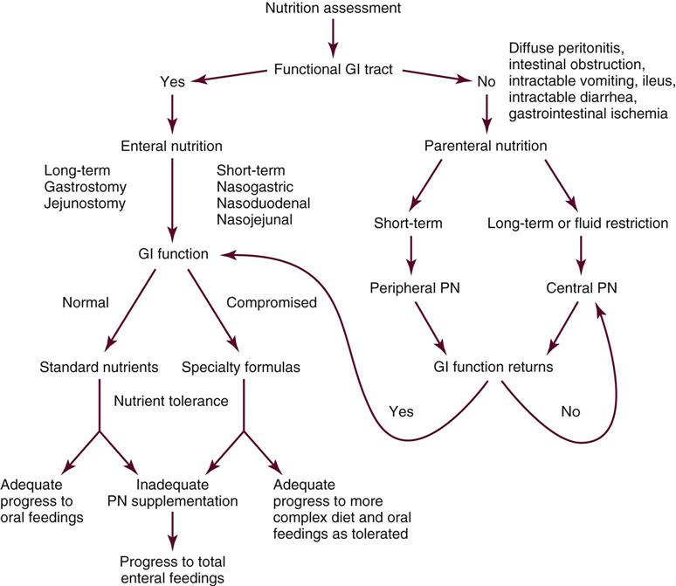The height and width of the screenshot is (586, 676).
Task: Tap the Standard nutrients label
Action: pos(100,367)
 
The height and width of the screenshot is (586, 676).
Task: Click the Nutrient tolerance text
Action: pos(170,400)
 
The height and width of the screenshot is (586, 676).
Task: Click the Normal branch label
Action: pos(85,304)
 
